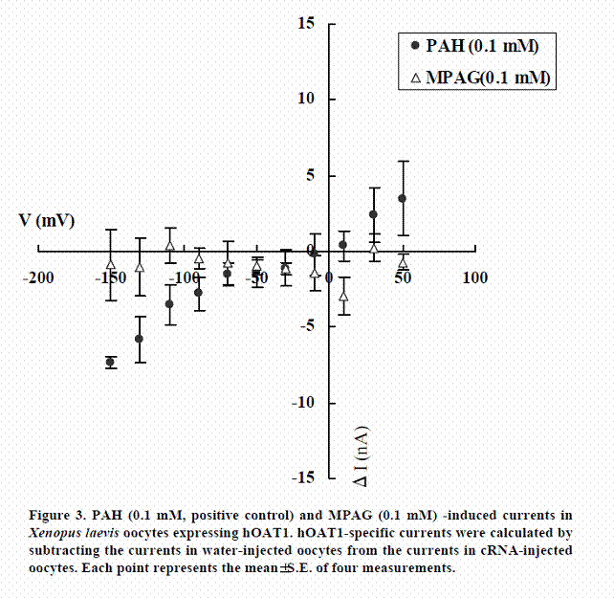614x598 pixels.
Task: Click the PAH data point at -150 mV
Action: tap(111, 362)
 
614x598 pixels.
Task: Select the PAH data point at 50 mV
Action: tap(403, 198)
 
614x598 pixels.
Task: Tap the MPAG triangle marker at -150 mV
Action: tap(111, 264)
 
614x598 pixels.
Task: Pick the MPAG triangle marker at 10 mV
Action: tap(344, 296)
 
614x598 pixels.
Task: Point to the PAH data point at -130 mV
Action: tap(140, 339)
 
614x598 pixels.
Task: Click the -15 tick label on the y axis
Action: tap(304, 476)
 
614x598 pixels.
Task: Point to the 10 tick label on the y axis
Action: tap(307, 99)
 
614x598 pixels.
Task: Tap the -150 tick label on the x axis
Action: tap(114, 277)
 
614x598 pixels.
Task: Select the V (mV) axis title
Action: tap(47, 220)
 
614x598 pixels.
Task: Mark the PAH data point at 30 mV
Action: tap(373, 214)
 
